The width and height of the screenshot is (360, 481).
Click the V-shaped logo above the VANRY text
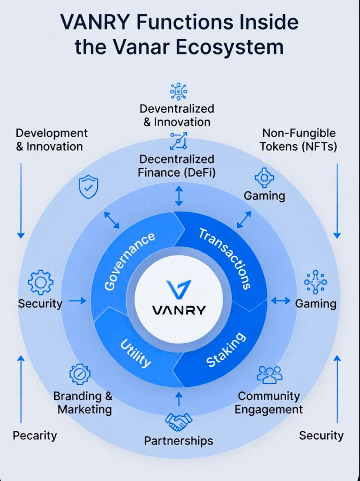[x=179, y=289]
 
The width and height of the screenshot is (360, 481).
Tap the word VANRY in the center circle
[x=179, y=310]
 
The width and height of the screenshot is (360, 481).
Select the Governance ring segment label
[x=129, y=261]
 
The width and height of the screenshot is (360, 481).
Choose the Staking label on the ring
[x=226, y=350]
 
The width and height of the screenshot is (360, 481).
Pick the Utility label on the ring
[x=136, y=353]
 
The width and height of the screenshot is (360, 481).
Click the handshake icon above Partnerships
[x=179, y=421]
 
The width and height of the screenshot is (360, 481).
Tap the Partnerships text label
[x=178, y=441]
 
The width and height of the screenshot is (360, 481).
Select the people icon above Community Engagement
[x=269, y=375]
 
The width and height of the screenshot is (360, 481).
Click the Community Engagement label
[x=269, y=403]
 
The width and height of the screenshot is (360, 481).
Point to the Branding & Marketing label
[x=83, y=403]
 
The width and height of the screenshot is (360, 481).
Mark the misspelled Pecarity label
[x=35, y=435]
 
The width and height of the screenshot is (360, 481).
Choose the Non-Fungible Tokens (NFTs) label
[x=298, y=140]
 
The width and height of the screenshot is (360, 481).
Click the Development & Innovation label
[x=51, y=140]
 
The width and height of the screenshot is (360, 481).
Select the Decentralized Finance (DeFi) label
[x=177, y=166]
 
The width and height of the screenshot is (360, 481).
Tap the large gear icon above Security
[x=40, y=282]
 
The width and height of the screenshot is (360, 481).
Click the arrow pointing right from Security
[x=77, y=301]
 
